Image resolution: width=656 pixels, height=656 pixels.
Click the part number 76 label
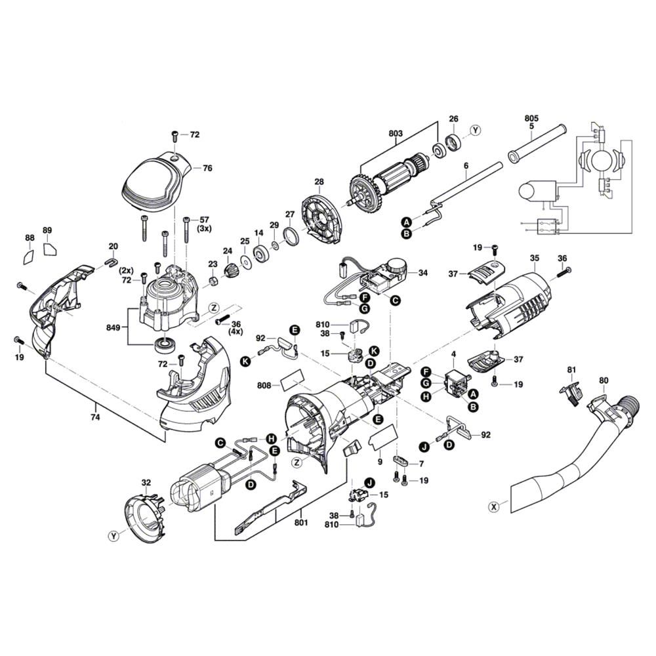[207, 169]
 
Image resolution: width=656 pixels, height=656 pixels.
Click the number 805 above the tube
[531, 119]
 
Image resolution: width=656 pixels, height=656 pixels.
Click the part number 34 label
[422, 273]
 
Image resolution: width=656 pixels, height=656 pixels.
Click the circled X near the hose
[494, 505]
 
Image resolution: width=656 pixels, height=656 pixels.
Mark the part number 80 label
[603, 380]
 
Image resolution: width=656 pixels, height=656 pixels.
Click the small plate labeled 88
[29, 255]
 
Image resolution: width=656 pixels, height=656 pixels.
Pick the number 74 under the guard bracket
[95, 417]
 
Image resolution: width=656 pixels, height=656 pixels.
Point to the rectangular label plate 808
[292, 380]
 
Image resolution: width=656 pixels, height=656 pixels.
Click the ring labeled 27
[290, 236]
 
